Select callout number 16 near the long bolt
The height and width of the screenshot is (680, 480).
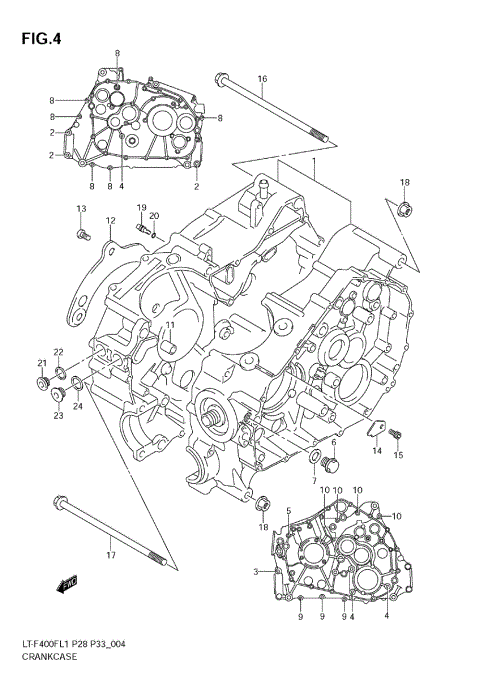[262, 79]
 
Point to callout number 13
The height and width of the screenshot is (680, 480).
[81, 208]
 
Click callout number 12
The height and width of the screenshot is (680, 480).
[111, 221]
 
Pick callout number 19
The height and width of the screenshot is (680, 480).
[141, 207]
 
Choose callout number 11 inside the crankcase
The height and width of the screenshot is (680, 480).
[170, 325]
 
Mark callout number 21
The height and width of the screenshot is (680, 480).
[42, 363]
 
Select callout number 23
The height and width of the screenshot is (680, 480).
[58, 415]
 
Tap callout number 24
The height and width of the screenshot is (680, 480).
[77, 406]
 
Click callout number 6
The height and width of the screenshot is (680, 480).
[333, 442]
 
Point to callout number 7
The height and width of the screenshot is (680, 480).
[313, 482]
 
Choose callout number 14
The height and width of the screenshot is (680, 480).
[377, 452]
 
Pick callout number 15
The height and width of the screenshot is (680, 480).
[398, 456]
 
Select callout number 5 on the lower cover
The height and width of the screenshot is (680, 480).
[288, 511]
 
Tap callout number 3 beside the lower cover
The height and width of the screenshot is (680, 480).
[256, 571]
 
